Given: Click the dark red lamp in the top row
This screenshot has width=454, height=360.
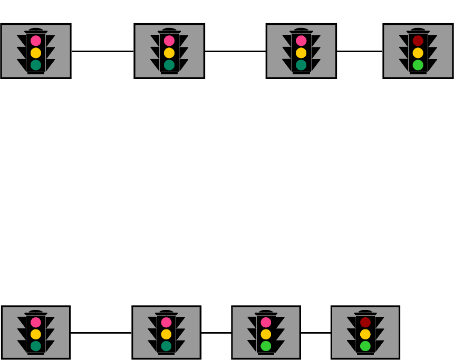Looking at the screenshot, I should (x=418, y=41).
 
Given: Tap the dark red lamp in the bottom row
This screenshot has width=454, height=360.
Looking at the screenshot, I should (x=365, y=322).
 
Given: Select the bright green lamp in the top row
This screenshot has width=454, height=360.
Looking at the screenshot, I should (x=418, y=65).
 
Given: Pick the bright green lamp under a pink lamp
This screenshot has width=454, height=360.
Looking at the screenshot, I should (x=266, y=346).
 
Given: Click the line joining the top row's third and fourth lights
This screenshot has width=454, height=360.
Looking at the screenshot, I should (x=359, y=52).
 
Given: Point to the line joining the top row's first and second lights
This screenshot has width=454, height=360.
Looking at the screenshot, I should (x=102, y=52).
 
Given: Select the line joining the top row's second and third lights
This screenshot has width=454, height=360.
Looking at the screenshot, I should (x=235, y=52).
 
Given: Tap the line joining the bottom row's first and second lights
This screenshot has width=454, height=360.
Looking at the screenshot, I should (x=101, y=333).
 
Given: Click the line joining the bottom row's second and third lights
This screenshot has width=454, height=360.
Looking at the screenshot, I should (x=216, y=333).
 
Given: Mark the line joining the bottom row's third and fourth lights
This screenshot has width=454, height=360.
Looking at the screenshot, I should (x=315, y=333).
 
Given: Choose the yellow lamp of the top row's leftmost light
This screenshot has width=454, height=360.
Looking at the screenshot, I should (x=36, y=53).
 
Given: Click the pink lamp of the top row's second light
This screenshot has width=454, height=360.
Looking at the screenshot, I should (x=169, y=41).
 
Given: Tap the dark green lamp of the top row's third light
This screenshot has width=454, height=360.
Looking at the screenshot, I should (x=301, y=65).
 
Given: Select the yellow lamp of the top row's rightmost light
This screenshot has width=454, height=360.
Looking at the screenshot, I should (x=418, y=53).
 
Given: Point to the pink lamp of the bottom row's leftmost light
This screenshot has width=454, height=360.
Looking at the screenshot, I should (x=36, y=322).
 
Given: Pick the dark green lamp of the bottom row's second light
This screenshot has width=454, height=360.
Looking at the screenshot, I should (x=166, y=346).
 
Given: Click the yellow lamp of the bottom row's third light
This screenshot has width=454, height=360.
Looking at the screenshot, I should (x=266, y=334).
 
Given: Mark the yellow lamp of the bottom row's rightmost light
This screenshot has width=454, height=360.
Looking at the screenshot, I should (x=365, y=334).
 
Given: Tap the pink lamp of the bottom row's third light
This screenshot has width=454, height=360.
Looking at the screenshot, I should (x=266, y=322).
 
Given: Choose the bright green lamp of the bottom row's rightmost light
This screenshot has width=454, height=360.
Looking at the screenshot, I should (x=365, y=346).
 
